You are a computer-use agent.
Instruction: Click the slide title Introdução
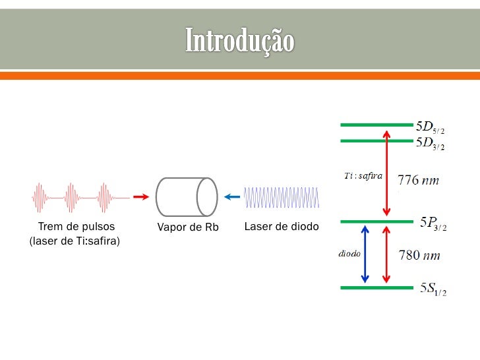pyautogui.click(x=239, y=40)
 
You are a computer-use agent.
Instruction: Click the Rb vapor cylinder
pyautogui.click(x=187, y=196)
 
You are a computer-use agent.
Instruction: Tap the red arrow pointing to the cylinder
pyautogui.click(x=139, y=196)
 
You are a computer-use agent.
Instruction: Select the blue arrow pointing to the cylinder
pyautogui.click(x=231, y=196)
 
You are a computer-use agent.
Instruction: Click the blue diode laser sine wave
pyautogui.click(x=282, y=196)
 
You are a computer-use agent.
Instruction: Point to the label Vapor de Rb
pyautogui.click(x=187, y=227)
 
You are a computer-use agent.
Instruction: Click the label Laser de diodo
pyautogui.click(x=281, y=227)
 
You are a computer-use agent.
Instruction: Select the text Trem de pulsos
pyautogui.click(x=76, y=227)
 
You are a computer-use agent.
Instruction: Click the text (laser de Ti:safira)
pyautogui.click(x=75, y=241)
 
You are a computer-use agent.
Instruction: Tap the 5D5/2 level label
pyautogui.click(x=434, y=126)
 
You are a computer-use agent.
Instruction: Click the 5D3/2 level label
pyautogui.click(x=434, y=143)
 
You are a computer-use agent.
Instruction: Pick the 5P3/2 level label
pyautogui.click(x=433, y=224)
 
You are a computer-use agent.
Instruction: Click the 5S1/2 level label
pyautogui.click(x=433, y=289)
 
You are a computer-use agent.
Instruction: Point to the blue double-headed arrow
pyautogui.click(x=363, y=255)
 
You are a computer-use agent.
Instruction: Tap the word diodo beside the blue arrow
pyautogui.click(x=349, y=254)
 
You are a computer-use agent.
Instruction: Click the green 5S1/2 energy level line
pyautogui.click(x=376, y=287)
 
